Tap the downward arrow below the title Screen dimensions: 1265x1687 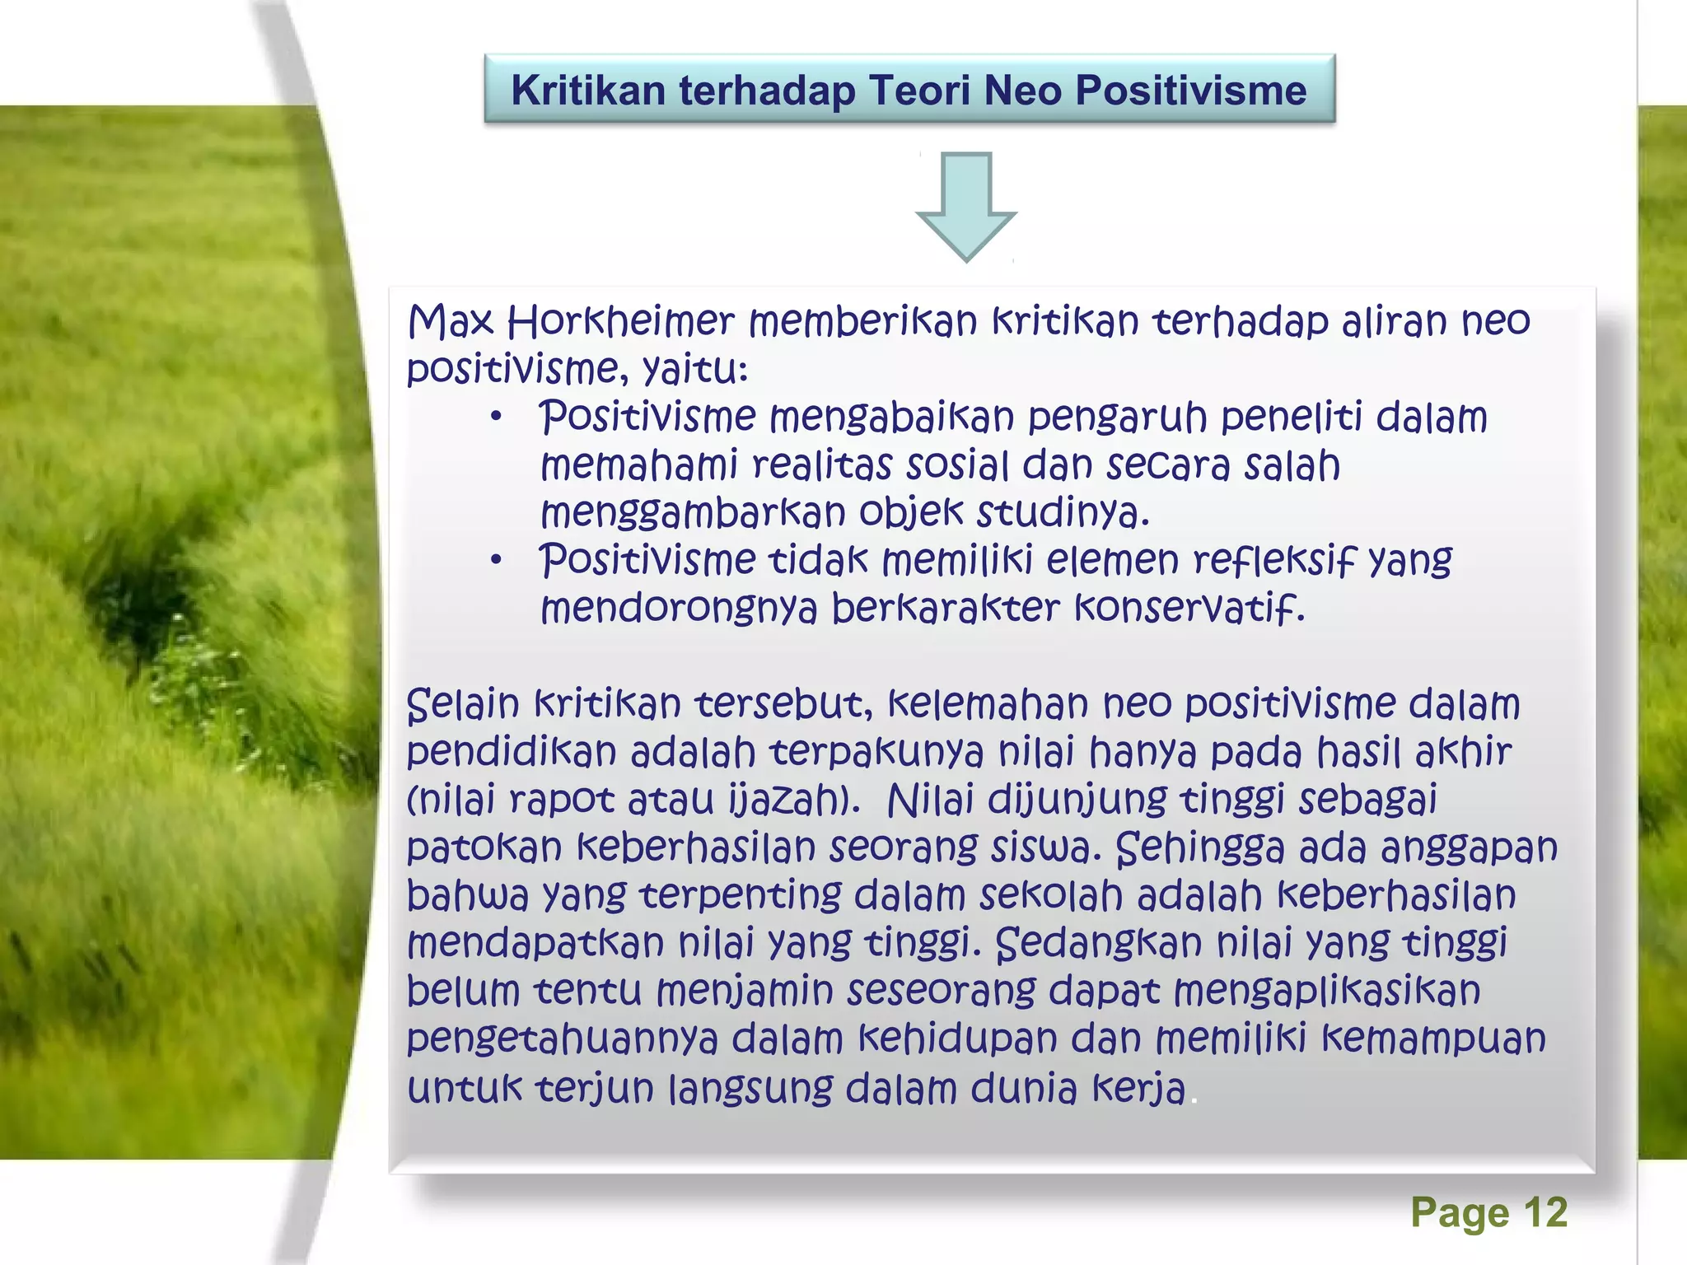(x=966, y=206)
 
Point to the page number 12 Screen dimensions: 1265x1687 (x=1545, y=1212)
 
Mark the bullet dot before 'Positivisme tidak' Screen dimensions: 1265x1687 (x=496, y=562)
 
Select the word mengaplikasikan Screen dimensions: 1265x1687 (x=1326, y=992)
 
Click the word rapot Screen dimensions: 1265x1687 (x=562, y=801)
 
